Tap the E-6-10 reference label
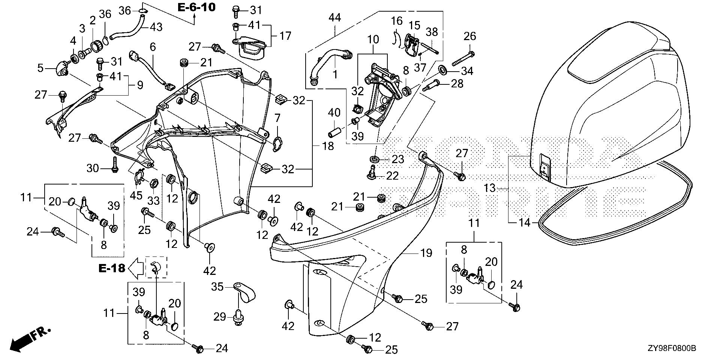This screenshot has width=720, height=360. (x=196, y=7)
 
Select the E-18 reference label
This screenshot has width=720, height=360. (x=112, y=268)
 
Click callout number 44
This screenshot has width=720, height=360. (x=334, y=17)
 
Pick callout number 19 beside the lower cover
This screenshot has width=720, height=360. (x=426, y=253)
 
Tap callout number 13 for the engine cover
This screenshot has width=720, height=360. (x=489, y=188)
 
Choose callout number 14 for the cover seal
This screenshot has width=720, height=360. (x=525, y=223)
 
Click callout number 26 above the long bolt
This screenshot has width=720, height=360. (x=469, y=36)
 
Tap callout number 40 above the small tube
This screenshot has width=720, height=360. (x=334, y=112)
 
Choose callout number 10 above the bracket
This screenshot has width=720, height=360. (x=373, y=39)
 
